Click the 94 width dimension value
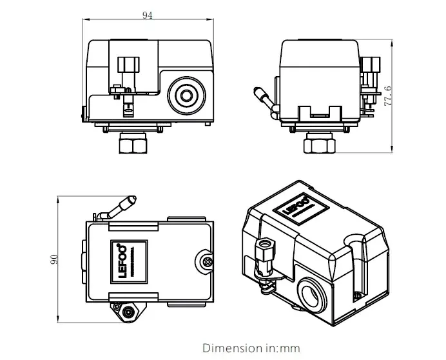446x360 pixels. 148,15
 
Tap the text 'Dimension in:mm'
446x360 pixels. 251,348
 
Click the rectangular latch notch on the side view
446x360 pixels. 320,112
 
